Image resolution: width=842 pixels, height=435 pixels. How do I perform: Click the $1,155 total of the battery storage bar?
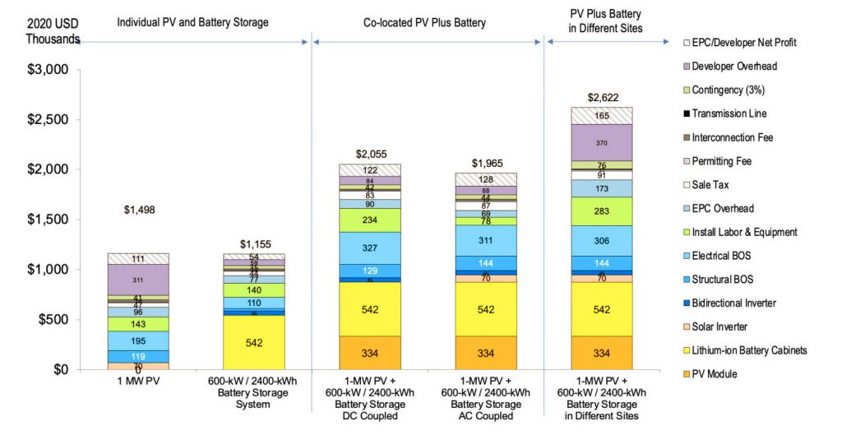pyautogui.click(x=254, y=244)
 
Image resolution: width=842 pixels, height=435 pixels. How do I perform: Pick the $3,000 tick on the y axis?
pyautogui.click(x=47, y=70)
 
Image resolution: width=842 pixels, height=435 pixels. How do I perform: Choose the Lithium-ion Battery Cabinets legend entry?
pyautogui.click(x=743, y=350)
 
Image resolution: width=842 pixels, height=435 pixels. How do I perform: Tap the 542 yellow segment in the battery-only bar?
pyautogui.click(x=254, y=342)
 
